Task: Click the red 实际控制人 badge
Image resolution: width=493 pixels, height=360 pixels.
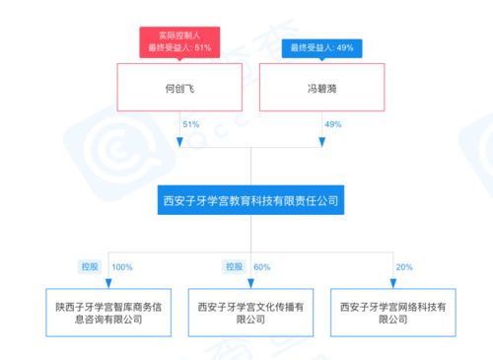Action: [177, 40]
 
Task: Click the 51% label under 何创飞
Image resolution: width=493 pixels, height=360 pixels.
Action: [191, 125]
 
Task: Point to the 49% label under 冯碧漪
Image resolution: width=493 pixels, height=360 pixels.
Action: [333, 125]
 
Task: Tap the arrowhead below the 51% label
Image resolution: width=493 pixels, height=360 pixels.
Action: [179, 142]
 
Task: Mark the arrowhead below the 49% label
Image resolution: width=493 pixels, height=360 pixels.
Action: [321, 142]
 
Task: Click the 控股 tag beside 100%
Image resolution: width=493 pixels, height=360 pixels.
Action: [91, 267]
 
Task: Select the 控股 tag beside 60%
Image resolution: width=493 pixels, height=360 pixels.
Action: [233, 267]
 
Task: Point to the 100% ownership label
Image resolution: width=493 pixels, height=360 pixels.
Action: [122, 267]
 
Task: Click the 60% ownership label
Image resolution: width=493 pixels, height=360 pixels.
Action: [262, 267]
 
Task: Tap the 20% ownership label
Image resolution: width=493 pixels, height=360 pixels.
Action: [404, 267]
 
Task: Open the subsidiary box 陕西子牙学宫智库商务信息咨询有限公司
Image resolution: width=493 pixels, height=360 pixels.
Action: [108, 313]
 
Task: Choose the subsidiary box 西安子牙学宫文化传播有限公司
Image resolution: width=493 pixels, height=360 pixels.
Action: [250, 313]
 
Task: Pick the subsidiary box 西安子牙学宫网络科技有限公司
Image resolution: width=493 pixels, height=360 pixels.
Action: [392, 313]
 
